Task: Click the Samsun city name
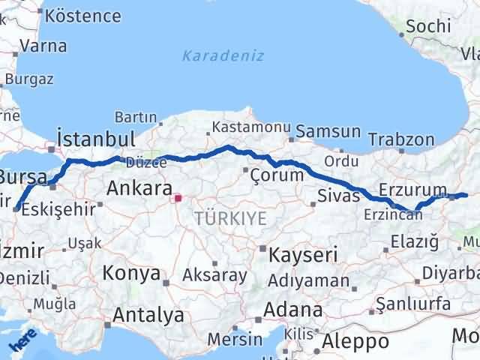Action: tap(328, 132)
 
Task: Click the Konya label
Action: tap(130, 273)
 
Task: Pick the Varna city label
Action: tap(43, 46)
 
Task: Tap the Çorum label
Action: tap(277, 175)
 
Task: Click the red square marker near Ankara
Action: tap(178, 199)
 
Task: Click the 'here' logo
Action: tap(24, 341)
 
